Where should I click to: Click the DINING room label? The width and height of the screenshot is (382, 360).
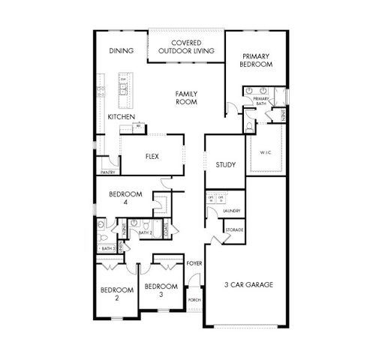pyautogui.click(x=121, y=51)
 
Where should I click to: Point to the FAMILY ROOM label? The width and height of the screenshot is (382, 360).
pyautogui.click(x=187, y=97)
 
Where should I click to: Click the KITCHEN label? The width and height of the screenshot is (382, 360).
pyautogui.click(x=120, y=117)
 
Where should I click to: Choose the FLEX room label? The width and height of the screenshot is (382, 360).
pyautogui.click(x=152, y=157)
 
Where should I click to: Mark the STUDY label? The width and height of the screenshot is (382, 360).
pyautogui.click(x=225, y=165)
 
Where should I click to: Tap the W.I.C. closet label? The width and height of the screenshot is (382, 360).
pyautogui.click(x=265, y=152)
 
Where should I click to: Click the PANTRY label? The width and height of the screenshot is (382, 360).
pyautogui.click(x=107, y=172)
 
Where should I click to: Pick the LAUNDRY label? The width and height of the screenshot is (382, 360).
pyautogui.click(x=233, y=211)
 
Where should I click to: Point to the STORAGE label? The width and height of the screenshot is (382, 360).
pyautogui.click(x=233, y=229)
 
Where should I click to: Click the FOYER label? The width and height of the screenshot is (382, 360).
pyautogui.click(x=195, y=263)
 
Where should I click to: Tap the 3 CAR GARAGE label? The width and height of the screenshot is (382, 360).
pyautogui.click(x=248, y=285)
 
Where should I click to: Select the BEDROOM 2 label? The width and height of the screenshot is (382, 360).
pyautogui.click(x=116, y=293)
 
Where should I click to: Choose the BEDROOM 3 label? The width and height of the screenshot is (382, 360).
pyautogui.click(x=161, y=289)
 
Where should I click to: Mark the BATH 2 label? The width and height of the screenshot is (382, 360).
pyautogui.click(x=146, y=233)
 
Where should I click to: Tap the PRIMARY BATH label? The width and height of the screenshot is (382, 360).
pyautogui.click(x=262, y=102)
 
